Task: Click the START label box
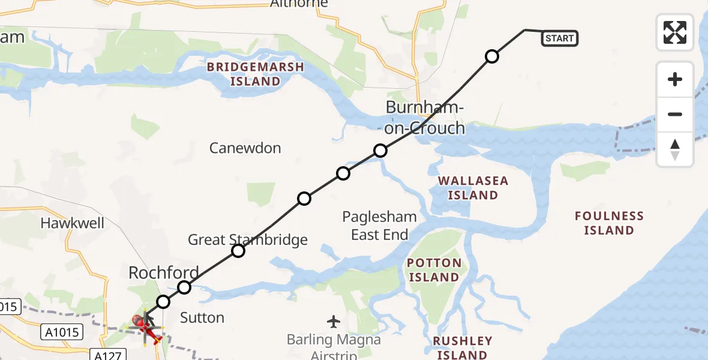559,38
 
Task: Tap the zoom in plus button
675,79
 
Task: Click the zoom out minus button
675,114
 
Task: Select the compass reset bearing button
675,149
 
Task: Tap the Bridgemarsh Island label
256,74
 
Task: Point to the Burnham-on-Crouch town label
425,118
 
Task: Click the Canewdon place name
245,148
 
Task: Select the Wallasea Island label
473,188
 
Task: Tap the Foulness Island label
609,223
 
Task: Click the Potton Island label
434,270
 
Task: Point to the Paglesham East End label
380,225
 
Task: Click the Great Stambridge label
247,240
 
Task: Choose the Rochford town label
163,273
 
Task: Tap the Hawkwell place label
72,223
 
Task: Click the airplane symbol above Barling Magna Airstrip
334,322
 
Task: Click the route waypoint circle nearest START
491,56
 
